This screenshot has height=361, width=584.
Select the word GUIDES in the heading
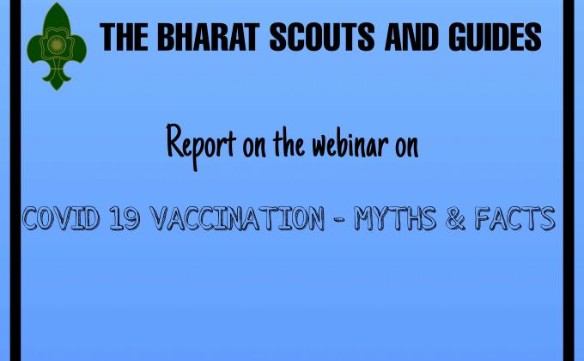point(493,36)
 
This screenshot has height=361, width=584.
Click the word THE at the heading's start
point(123,36)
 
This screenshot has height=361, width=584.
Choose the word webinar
point(343,144)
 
